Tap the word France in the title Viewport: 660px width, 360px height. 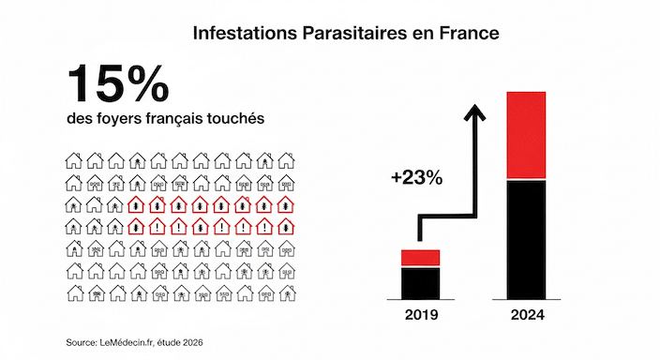coord(471,33)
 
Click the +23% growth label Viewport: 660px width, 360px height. coord(417,177)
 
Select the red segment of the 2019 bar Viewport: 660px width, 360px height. coord(421,258)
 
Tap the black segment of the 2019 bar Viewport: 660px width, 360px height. coord(421,281)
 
